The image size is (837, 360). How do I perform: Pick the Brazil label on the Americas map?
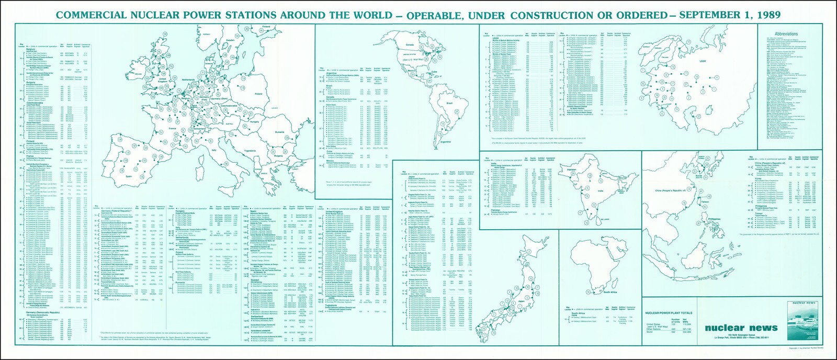[x=449, y=104]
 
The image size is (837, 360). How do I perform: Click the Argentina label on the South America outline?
[x=445, y=142]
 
